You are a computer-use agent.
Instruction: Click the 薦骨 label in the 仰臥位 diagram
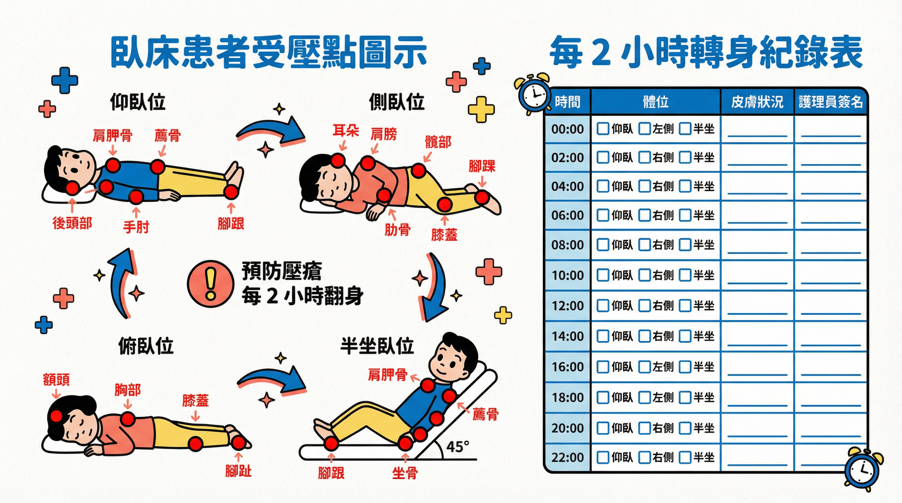tap(168, 135)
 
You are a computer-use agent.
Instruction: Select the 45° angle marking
tap(458, 446)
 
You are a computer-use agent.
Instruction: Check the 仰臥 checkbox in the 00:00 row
tap(603, 128)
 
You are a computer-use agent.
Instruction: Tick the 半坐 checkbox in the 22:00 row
tap(685, 457)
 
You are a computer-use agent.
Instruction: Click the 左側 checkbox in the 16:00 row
tap(644, 366)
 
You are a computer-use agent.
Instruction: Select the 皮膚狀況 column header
tap(757, 102)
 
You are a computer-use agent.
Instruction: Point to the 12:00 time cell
tap(568, 306)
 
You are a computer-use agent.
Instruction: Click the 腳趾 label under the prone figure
tap(239, 471)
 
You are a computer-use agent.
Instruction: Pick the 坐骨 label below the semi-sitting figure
tap(405, 473)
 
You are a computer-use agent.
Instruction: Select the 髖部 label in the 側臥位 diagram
tap(438, 142)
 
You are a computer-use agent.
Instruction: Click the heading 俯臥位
tap(146, 346)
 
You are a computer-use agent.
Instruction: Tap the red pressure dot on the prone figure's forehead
tap(56, 416)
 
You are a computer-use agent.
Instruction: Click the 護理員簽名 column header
tap(831, 102)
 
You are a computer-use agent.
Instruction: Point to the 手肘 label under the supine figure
tap(136, 227)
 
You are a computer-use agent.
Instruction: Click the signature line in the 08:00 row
tap(831, 252)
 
